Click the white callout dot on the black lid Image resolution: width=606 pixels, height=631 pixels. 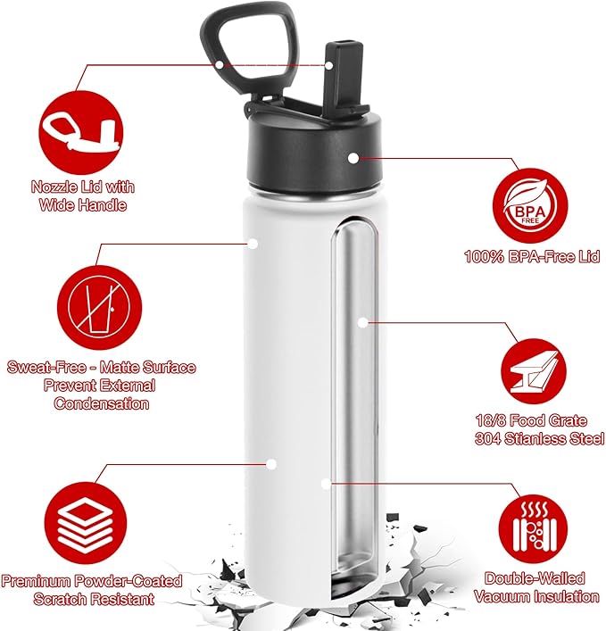tap(353, 157)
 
